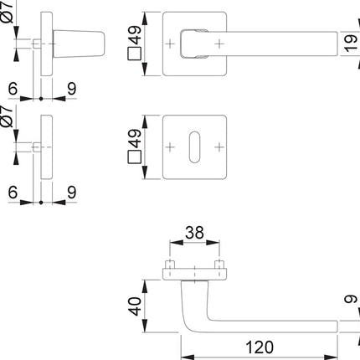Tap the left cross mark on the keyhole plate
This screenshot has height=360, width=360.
click(171, 147)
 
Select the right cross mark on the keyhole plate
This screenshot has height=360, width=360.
click(221, 147)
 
